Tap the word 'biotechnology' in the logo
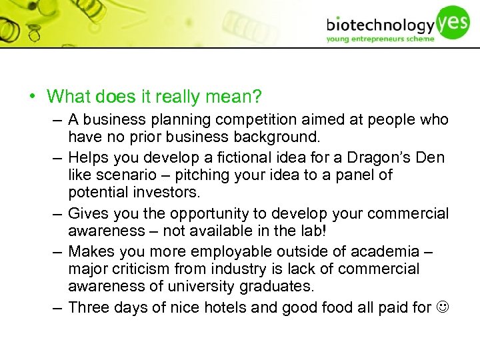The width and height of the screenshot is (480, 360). pyautogui.click(x=380, y=27)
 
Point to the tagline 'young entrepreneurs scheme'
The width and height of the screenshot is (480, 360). pyautogui.click(x=380, y=39)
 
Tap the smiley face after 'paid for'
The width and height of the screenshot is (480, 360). pyautogui.click(x=442, y=307)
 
